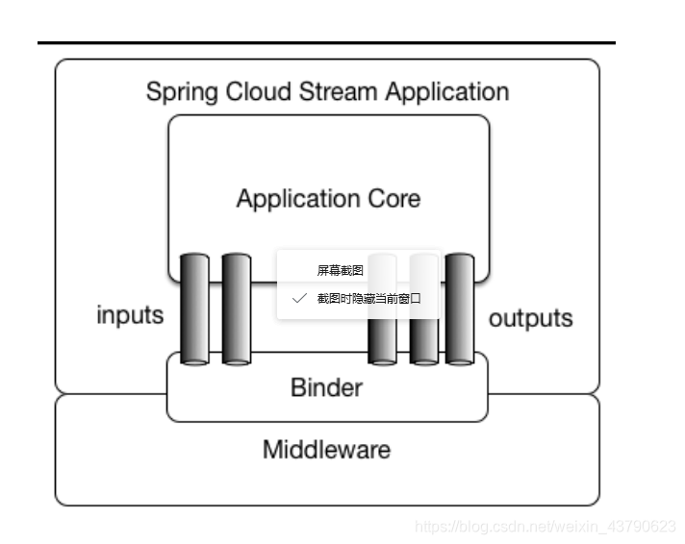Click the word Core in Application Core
(x=392, y=199)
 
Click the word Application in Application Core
(x=295, y=199)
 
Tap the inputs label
(x=130, y=315)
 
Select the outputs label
(x=531, y=318)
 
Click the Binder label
(x=326, y=387)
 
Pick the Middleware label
(x=326, y=449)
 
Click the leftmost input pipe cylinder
(x=194, y=309)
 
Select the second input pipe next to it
(x=236, y=309)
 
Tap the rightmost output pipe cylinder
(x=460, y=309)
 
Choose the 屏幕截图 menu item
(x=341, y=271)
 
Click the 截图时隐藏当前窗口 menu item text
(x=369, y=299)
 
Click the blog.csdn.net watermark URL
(x=545, y=527)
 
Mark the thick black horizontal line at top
(x=326, y=43)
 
